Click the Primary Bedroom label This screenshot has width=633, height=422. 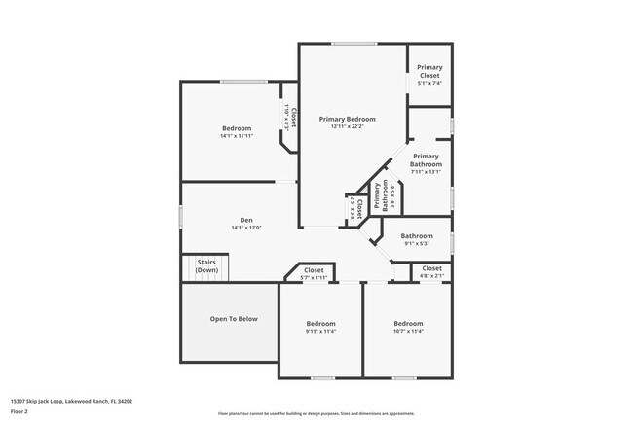(x=348, y=119)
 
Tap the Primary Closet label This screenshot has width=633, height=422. (x=429, y=71)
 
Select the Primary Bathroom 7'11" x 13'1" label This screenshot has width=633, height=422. (x=426, y=159)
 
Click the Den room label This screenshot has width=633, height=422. (x=246, y=219)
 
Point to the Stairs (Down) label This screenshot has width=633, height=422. (x=206, y=265)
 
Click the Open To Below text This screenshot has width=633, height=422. (x=234, y=318)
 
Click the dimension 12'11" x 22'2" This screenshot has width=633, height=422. (x=348, y=126)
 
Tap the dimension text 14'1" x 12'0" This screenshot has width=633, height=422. (x=246, y=228)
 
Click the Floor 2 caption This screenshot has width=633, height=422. (x=20, y=410)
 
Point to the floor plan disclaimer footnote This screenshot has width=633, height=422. (x=316, y=412)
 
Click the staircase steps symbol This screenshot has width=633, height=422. (x=206, y=267)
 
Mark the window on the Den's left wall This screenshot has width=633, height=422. (x=181, y=215)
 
